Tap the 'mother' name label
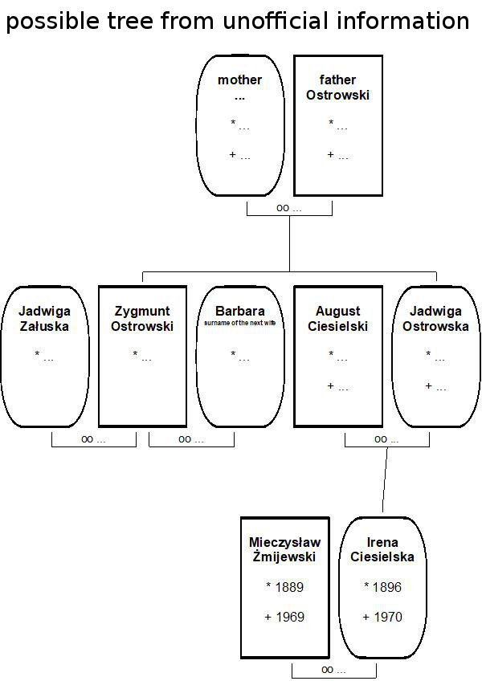(x=240, y=80)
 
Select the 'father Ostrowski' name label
(x=337, y=87)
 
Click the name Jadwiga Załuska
(x=44, y=318)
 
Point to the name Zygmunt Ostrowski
(x=142, y=318)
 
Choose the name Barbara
(x=239, y=311)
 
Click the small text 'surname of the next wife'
(x=239, y=323)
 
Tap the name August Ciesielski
(x=337, y=318)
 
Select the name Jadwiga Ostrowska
(x=435, y=318)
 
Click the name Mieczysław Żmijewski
(x=284, y=549)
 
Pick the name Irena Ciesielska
(x=382, y=549)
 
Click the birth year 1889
(x=285, y=587)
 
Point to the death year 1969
(x=285, y=617)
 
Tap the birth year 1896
(x=382, y=587)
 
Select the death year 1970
(x=382, y=617)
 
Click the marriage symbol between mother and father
(x=288, y=208)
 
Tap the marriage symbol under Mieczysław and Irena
(x=333, y=670)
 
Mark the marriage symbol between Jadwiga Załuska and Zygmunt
(x=93, y=439)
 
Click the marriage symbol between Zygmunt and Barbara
(x=191, y=439)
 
